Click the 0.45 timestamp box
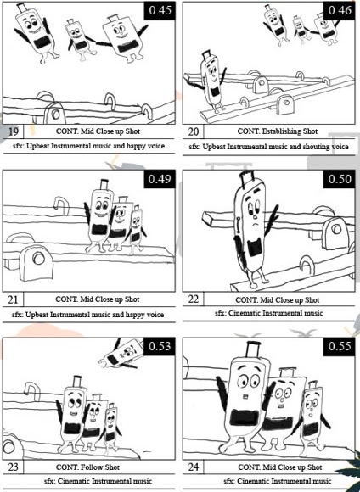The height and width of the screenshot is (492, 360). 160,11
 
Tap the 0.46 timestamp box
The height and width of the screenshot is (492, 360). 340,11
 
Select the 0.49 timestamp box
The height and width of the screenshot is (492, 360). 160,179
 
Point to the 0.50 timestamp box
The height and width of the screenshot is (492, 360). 340,179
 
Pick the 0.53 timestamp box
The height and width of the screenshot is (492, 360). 160,347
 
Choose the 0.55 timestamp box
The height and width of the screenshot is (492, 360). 340,347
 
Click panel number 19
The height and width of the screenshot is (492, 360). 13,131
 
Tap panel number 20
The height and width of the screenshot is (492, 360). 194,131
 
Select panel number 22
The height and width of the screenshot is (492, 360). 194,299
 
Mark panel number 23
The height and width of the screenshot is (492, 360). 13,467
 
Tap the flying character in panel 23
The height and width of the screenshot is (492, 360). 121,355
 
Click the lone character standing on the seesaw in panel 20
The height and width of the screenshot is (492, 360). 211,81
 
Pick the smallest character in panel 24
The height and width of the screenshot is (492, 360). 311,417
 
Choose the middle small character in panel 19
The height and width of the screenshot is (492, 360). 80,40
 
